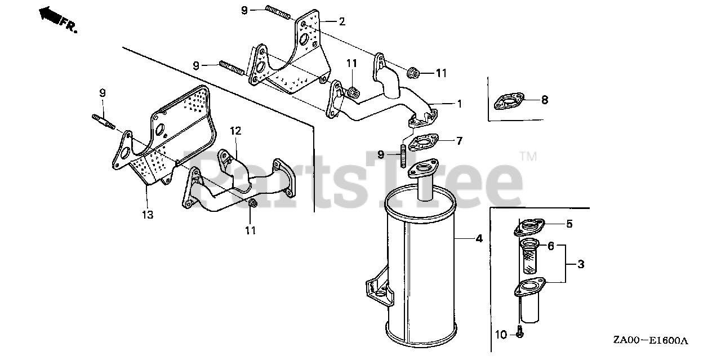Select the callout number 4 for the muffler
[x=479, y=238]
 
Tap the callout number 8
[x=544, y=100]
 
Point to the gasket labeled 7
[x=424, y=143]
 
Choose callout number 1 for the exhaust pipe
[x=460, y=104]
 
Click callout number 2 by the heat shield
[x=341, y=21]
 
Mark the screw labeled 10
[x=519, y=333]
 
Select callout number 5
[x=569, y=224]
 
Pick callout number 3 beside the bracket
[x=580, y=264]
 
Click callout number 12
[x=235, y=131]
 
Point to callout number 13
[x=147, y=215]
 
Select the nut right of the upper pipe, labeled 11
[x=413, y=72]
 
